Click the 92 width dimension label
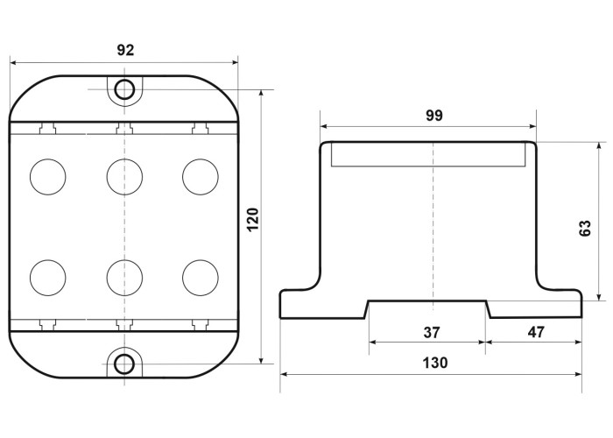(x=125, y=50)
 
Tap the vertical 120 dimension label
(x=253, y=219)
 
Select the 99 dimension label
(x=434, y=116)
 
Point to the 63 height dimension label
(x=585, y=228)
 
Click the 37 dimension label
(x=432, y=332)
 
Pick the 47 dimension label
(x=536, y=332)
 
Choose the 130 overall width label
(x=434, y=363)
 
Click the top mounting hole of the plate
(x=124, y=89)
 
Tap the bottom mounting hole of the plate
(x=124, y=364)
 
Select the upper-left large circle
(x=47, y=177)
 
